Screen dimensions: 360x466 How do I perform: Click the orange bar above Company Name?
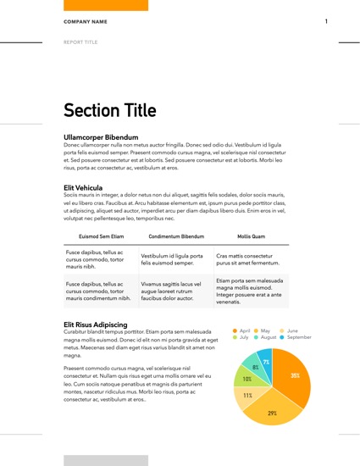[106, 4]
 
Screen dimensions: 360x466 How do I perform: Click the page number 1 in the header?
[326, 21]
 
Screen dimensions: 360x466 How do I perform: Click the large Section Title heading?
[110, 110]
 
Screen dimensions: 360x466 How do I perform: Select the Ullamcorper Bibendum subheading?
[101, 137]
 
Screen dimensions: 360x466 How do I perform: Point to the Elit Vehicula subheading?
[83, 187]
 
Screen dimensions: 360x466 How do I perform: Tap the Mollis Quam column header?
[252, 236]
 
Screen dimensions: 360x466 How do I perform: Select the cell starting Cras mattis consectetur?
[250, 259]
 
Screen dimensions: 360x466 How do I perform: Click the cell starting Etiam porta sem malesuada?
[250, 291]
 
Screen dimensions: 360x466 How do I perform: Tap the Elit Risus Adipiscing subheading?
[95, 325]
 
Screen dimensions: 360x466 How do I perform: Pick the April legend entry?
[241, 330]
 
